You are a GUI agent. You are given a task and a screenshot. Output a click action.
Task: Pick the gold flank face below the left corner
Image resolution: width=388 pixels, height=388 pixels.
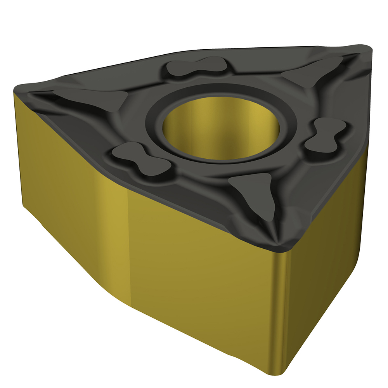70,175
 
